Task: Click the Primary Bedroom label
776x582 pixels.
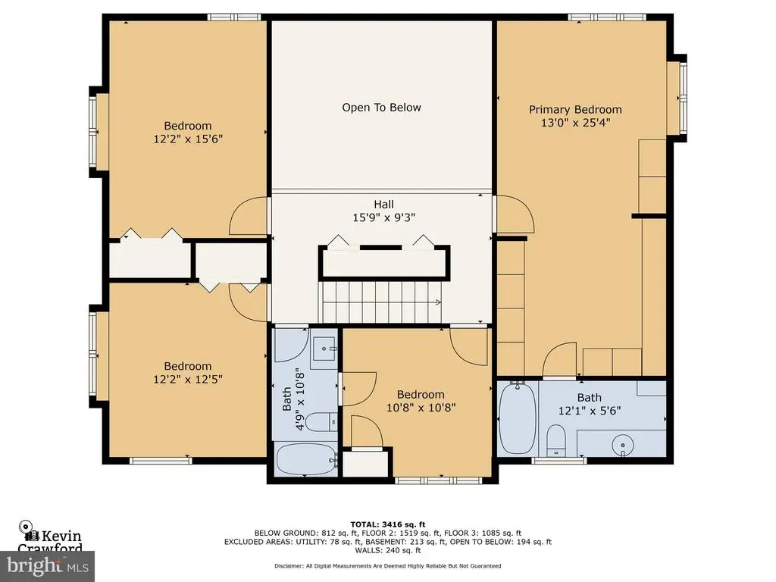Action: point(575,109)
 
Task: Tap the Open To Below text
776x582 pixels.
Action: point(382,108)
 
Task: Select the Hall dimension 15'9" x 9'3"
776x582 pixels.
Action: point(383,217)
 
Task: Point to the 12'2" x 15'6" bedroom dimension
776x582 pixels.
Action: point(188,139)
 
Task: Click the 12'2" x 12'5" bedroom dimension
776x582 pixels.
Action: point(188,380)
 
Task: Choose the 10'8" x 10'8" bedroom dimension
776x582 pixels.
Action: point(421,408)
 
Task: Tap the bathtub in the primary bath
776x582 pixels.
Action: point(517,418)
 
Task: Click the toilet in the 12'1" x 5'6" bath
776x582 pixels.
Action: point(555,440)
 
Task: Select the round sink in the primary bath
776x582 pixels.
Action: point(623,445)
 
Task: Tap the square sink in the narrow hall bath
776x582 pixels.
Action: point(324,349)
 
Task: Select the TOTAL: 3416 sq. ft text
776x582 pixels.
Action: point(388,524)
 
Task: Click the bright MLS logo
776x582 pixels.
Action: point(48,566)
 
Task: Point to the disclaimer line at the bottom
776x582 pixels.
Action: point(388,565)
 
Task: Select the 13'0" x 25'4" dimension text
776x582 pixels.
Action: point(576,123)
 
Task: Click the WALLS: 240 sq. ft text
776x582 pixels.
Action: point(388,550)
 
